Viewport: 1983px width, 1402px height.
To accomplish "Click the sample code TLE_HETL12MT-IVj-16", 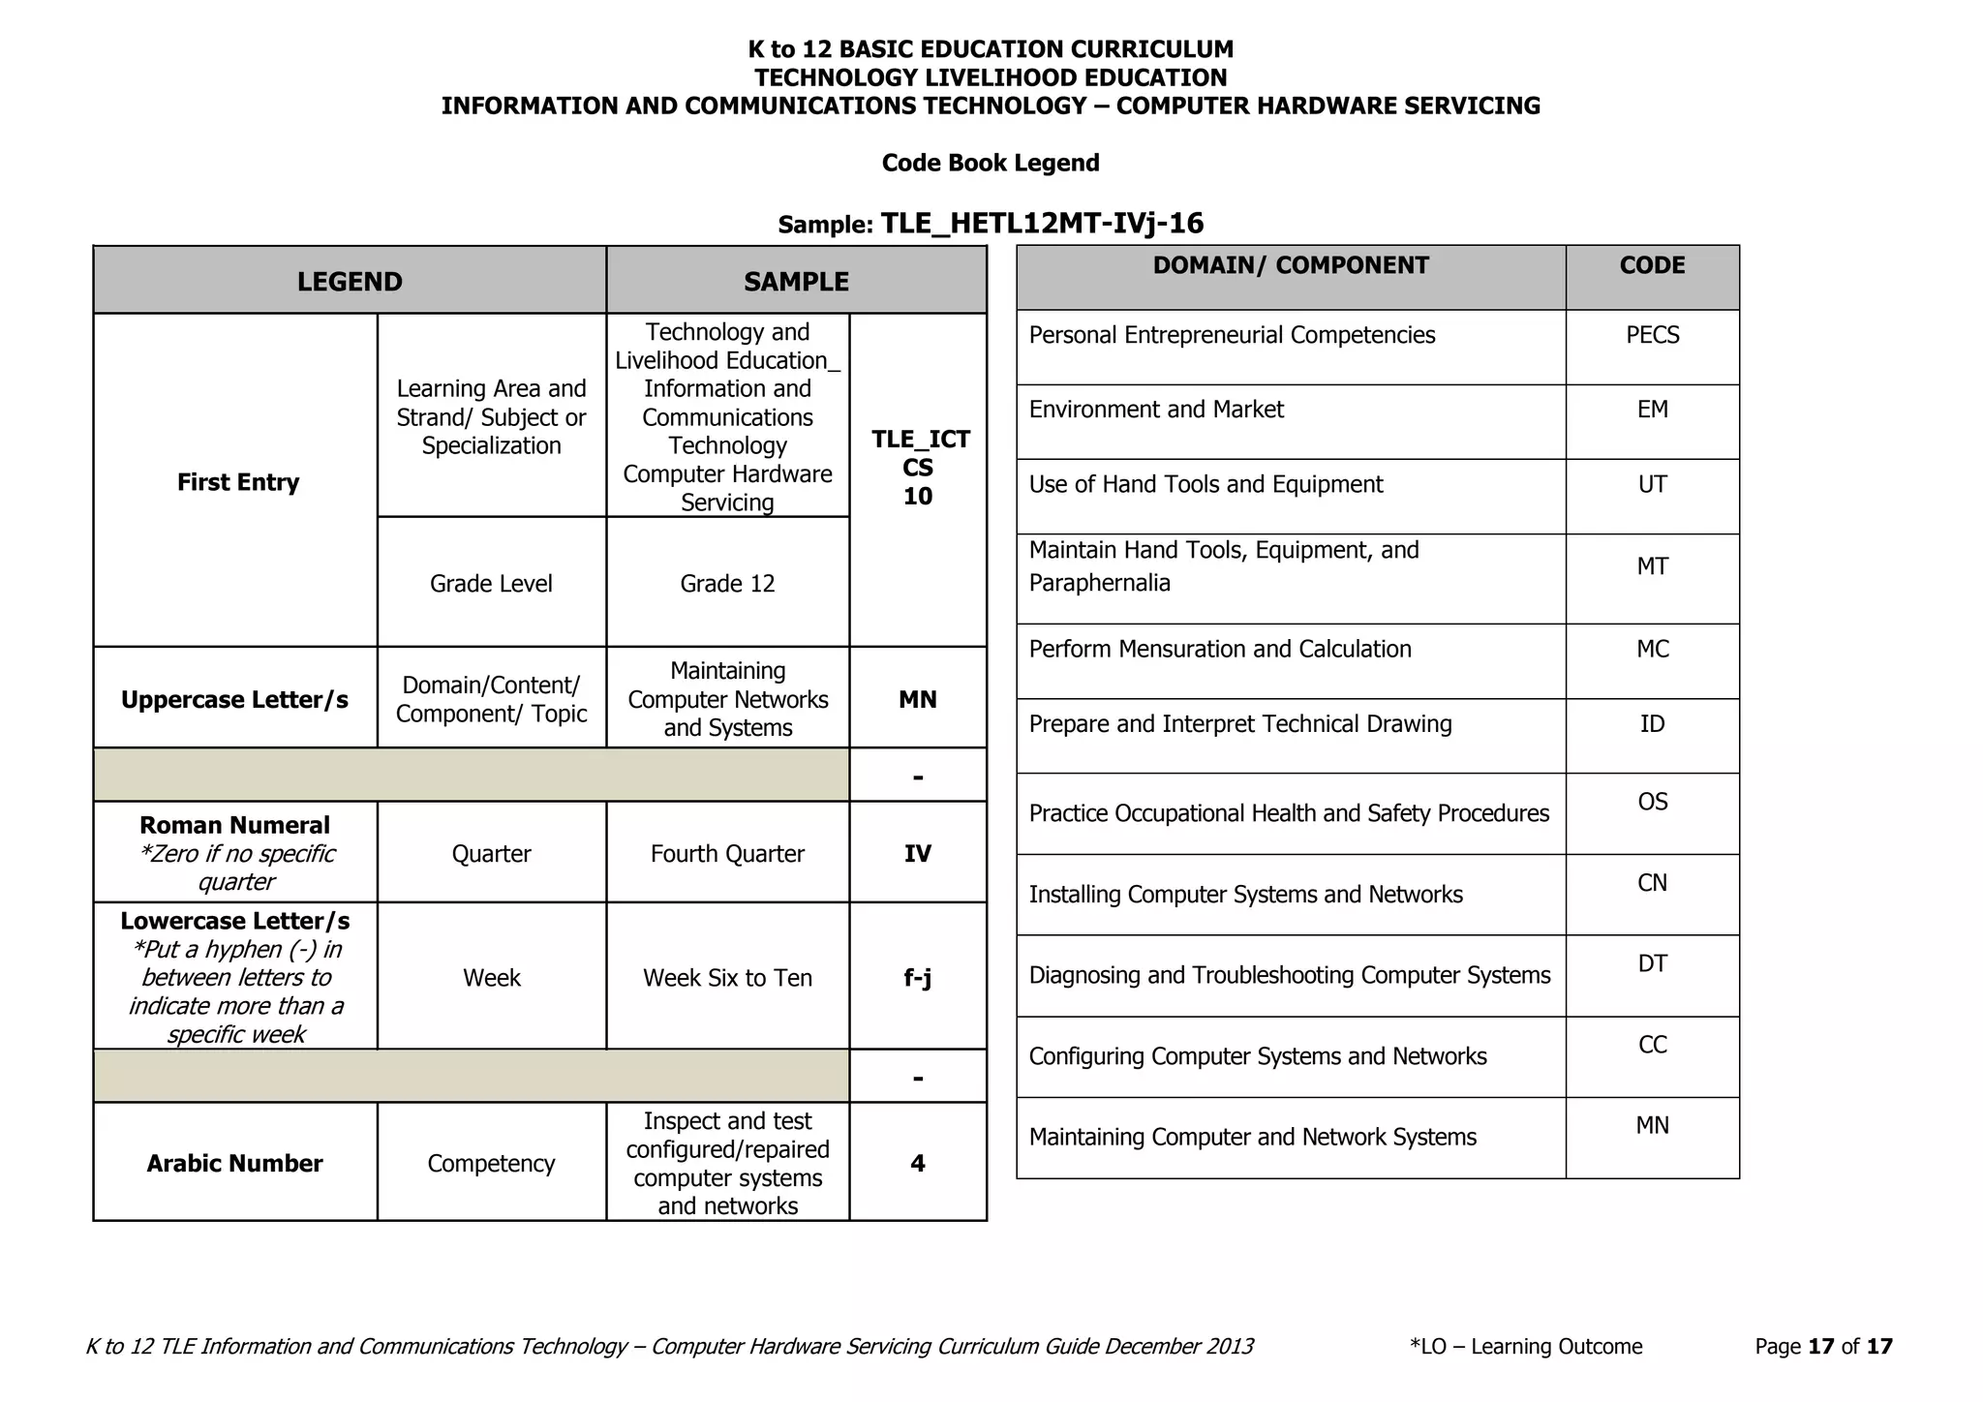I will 1042,224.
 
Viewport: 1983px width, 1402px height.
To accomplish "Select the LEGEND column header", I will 350,282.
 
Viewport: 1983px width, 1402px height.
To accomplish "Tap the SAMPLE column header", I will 796,282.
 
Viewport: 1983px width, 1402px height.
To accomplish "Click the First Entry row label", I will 237,482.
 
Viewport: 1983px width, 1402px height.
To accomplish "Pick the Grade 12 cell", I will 727,584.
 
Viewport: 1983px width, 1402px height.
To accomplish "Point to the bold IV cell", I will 917,854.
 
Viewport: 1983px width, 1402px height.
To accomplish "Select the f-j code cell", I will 917,978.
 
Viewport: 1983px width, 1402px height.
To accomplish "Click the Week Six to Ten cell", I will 727,978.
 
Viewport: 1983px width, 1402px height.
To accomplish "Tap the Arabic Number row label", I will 234,1164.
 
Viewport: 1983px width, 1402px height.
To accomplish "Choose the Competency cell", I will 491,1164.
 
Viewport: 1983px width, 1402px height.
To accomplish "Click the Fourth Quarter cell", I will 727,854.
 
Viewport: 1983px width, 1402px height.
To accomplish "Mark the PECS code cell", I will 1652,335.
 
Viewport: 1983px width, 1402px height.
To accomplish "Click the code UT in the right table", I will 1652,484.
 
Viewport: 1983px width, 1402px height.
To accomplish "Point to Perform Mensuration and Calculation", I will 1220,649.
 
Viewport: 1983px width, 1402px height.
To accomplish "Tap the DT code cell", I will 1652,963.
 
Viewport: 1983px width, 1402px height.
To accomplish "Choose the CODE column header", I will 1652,265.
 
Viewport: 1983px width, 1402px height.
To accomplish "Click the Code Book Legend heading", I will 991,163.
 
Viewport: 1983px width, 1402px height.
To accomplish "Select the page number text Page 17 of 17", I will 1823,1346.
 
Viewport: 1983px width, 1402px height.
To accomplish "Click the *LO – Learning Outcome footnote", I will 1526,1346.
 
